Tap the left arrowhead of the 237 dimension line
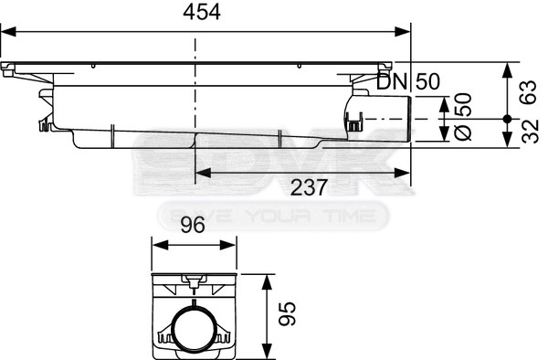click(x=196, y=171)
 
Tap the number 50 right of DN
click(x=427, y=81)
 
